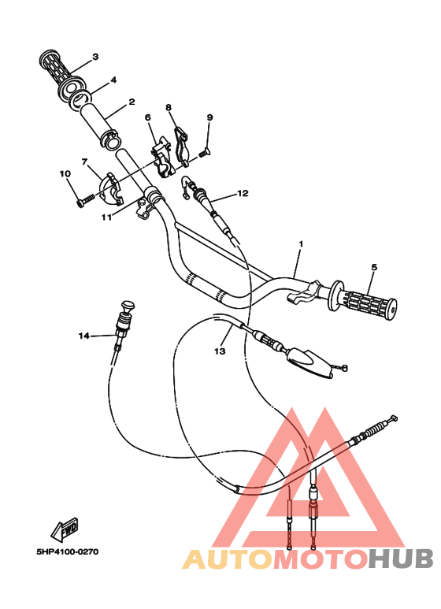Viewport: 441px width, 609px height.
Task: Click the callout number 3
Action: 94,57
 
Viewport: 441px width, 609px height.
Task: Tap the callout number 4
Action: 113,80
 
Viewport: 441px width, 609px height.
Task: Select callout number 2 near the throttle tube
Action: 132,102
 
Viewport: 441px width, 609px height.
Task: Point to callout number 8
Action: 168,106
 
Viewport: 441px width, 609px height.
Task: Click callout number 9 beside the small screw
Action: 209,117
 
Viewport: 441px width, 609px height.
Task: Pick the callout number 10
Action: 64,173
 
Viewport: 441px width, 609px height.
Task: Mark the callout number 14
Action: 83,336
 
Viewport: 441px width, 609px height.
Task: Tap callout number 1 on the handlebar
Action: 300,245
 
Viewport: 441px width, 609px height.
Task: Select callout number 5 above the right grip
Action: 374,267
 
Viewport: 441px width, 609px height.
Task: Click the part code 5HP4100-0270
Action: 66,551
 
